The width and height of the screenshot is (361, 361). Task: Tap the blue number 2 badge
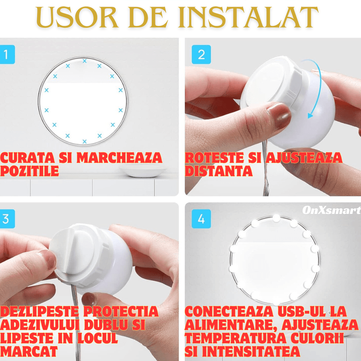coord(201,55)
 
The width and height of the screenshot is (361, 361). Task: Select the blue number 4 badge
coord(201,219)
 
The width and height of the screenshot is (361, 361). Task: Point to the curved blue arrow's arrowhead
coord(310,116)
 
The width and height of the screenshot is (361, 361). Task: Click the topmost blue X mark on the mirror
coord(84,60)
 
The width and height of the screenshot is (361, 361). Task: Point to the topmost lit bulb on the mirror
coord(276,218)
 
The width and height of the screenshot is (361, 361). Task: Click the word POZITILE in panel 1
coord(29,171)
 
